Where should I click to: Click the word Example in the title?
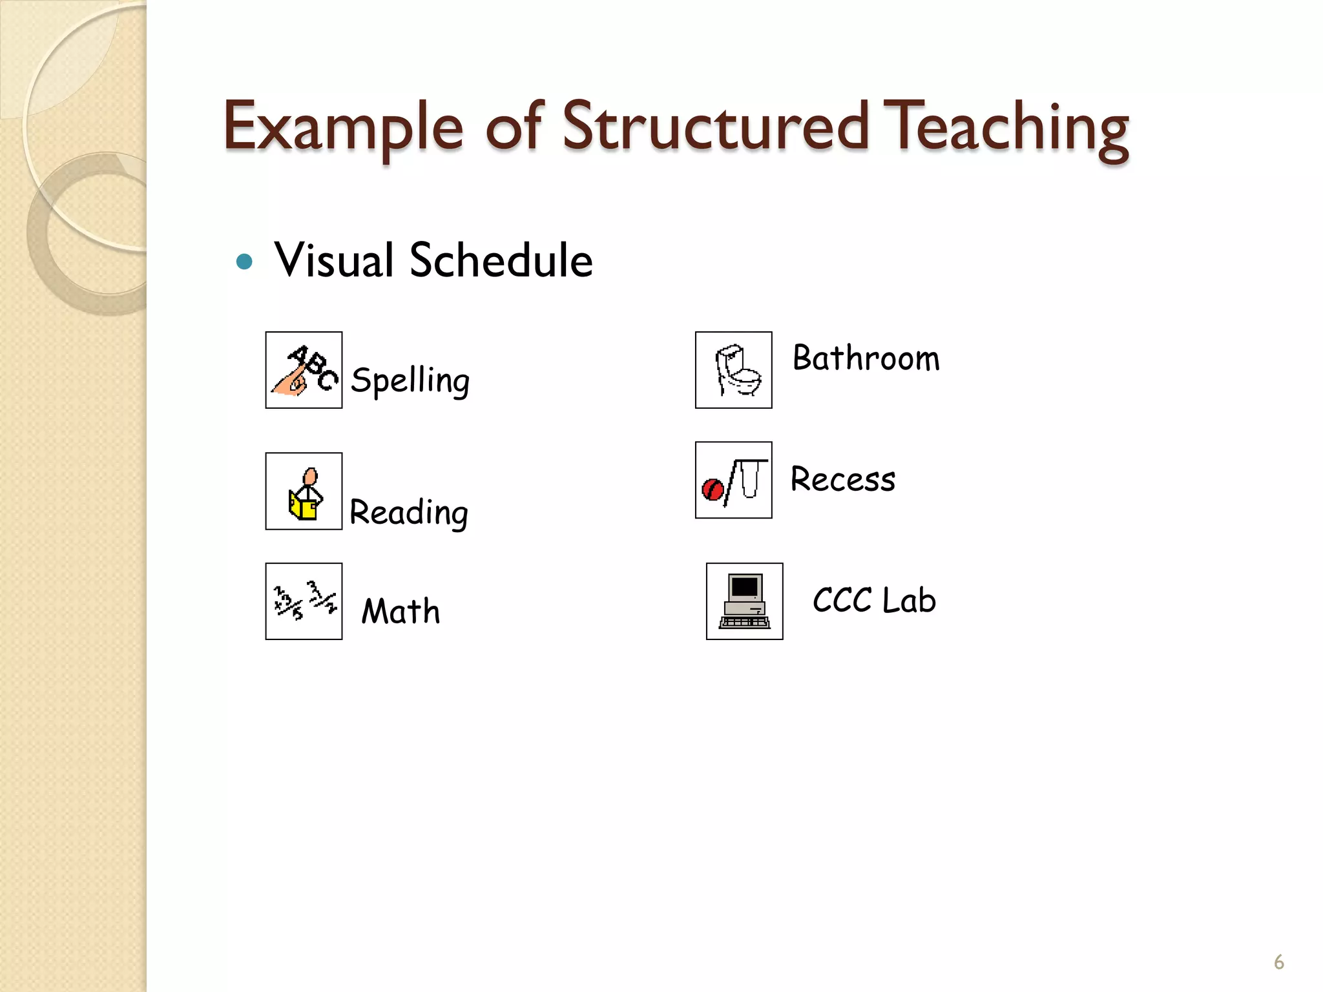(343, 127)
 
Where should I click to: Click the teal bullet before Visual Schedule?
(244, 262)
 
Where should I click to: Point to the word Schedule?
(501, 260)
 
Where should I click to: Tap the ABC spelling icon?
(304, 370)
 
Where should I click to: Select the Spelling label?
(410, 380)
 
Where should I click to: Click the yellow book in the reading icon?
(302, 506)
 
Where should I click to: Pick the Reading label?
(409, 513)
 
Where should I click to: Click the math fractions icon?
(304, 601)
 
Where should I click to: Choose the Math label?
(401, 611)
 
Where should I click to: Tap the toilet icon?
(734, 370)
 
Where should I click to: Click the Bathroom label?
(866, 358)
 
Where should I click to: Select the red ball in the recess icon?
(713, 489)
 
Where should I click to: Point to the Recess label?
(843, 479)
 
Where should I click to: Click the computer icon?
(745, 601)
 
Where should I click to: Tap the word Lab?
(909, 601)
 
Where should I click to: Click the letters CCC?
(842, 601)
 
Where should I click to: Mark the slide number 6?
(1278, 962)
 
